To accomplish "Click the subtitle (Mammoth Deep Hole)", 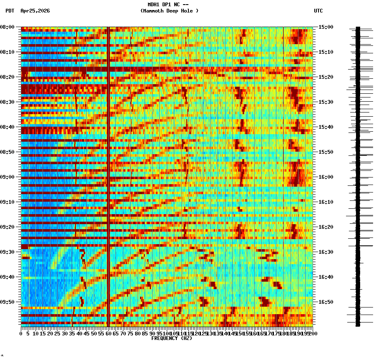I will pos(169,11).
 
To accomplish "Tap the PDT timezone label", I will pos(10,11).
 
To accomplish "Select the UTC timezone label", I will pos(318,11).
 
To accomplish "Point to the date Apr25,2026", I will pos(35,11).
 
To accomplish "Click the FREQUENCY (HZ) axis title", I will pos(171,338).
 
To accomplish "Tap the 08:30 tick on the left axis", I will pos(8,102).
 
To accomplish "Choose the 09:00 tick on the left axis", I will pos(8,177).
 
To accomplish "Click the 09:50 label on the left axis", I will pos(8,302).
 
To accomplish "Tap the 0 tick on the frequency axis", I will pos(21,334).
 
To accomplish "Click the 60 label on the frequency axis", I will pos(108,334).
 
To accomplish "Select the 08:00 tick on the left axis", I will pos(8,27).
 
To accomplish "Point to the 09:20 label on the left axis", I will pos(8,227).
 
